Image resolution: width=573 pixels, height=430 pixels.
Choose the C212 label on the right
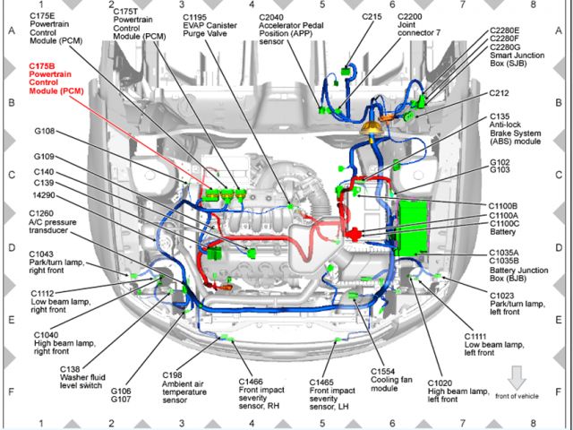500,92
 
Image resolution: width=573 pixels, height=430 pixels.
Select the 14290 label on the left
46,193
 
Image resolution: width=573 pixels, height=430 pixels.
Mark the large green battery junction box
418,226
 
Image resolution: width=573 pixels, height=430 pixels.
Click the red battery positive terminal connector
355,235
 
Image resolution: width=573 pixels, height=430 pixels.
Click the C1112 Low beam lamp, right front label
55,300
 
